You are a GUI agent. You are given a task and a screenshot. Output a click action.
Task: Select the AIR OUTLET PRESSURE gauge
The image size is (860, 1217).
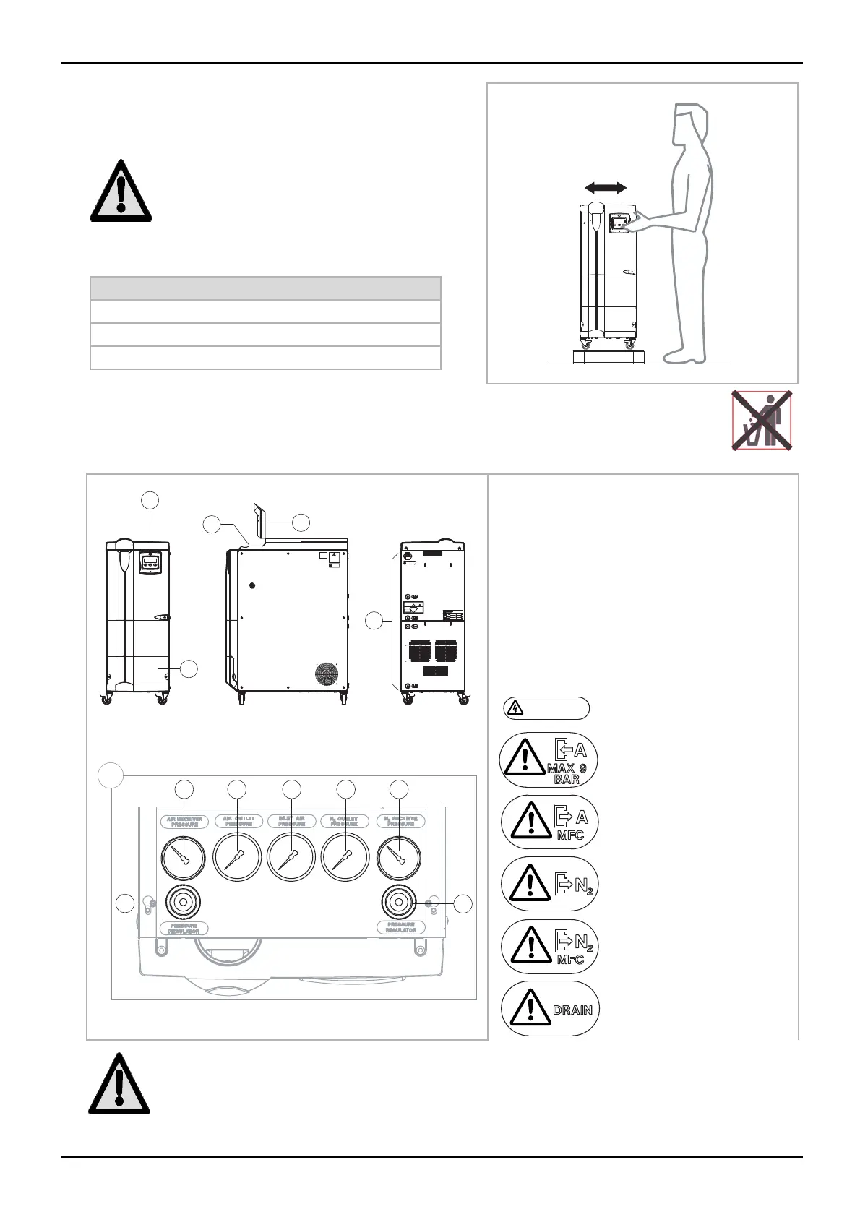coord(238,858)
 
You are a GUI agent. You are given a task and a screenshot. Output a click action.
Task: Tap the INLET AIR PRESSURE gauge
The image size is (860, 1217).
coord(291,858)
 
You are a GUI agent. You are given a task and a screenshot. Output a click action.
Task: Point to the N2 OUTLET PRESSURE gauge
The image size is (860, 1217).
coord(345,858)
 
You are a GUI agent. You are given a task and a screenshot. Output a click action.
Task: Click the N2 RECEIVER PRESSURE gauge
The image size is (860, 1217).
coord(398,858)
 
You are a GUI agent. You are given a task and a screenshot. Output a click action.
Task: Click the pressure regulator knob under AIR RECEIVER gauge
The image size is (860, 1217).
coord(184,902)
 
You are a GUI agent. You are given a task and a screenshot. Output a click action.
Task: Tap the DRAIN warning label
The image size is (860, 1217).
coord(550,1009)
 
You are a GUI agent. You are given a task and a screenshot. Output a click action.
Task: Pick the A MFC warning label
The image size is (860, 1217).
coord(550,822)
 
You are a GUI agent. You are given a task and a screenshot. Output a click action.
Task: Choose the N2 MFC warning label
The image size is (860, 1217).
coord(550,947)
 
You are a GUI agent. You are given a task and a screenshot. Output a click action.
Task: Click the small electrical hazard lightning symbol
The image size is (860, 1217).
coord(514,708)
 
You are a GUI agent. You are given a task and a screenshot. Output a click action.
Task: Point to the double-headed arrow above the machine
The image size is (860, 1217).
coord(606,187)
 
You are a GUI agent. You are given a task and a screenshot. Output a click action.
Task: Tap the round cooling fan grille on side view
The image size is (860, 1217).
coord(327,673)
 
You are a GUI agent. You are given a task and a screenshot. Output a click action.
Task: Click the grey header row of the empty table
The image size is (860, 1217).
coord(265,288)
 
